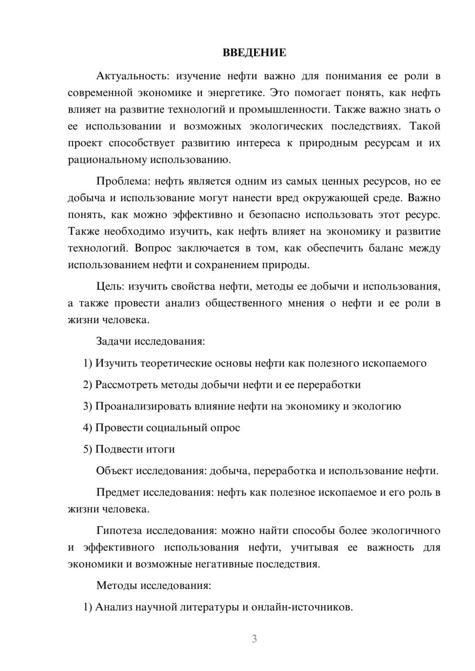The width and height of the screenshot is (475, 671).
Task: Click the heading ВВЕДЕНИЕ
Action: click(x=254, y=53)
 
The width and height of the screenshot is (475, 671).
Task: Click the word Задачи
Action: click(x=114, y=341)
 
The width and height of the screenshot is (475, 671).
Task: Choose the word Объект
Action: click(x=114, y=471)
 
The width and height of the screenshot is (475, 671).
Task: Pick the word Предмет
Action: click(x=118, y=492)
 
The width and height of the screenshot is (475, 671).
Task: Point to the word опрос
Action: click(x=225, y=428)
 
